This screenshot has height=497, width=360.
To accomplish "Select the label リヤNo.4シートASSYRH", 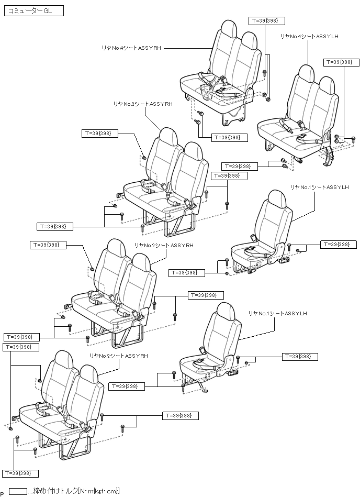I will (x=130, y=47).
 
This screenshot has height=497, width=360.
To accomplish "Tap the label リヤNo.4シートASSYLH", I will (x=309, y=36).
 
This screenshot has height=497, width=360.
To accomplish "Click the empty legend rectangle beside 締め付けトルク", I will (x=18, y=491).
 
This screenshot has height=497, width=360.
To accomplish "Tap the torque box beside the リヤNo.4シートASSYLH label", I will (x=339, y=62).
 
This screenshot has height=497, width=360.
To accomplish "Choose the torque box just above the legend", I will (x=20, y=473).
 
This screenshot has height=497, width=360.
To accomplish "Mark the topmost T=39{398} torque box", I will (x=267, y=20).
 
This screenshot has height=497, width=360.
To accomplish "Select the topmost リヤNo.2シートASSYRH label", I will (x=142, y=104).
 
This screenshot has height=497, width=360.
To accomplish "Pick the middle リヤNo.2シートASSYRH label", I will (x=164, y=245).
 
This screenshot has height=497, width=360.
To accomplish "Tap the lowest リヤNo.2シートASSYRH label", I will (x=118, y=356).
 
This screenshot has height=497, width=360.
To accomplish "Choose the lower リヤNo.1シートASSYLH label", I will (x=277, y=313).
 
